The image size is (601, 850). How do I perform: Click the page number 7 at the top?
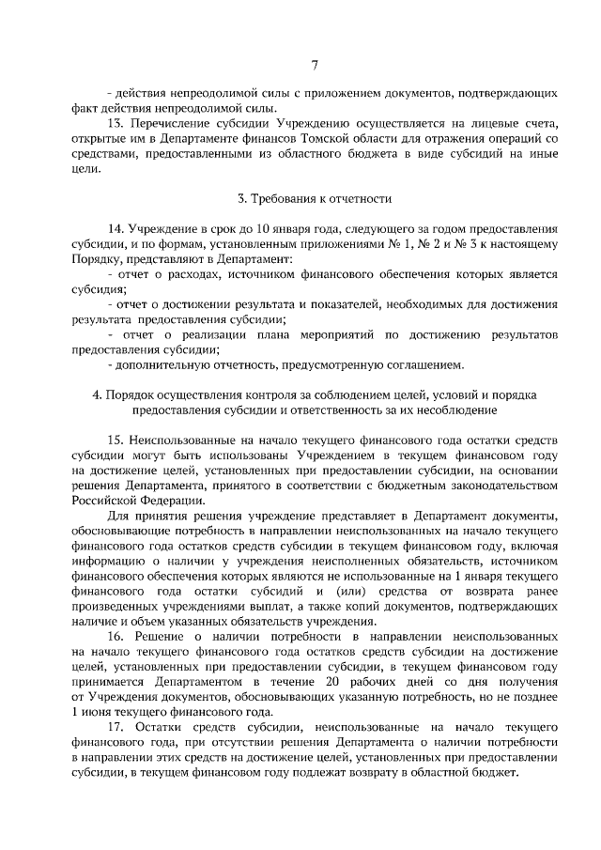[316, 65]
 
